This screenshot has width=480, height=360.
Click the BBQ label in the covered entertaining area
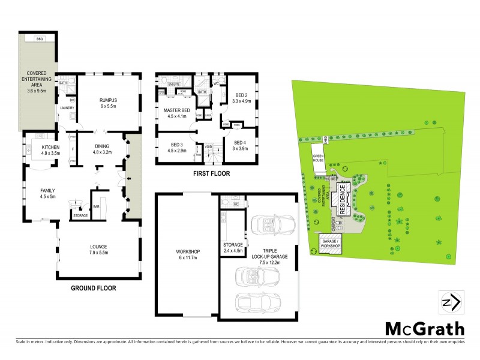[40, 39]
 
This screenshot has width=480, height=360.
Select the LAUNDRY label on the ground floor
[67, 108]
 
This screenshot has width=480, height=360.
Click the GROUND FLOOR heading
[93, 288]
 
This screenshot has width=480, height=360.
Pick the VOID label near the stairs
[208, 146]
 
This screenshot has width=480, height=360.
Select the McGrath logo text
[424, 329]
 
